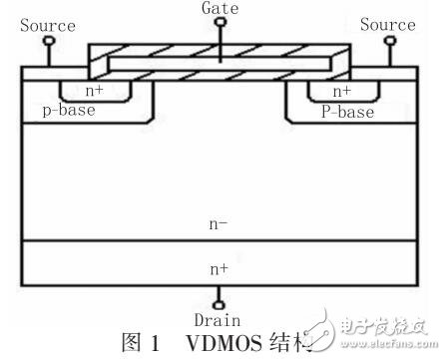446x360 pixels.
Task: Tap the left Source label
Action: click(47, 24)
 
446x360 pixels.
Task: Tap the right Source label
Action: click(387, 24)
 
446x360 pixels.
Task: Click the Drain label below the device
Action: click(220, 321)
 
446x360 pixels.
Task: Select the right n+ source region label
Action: click(341, 91)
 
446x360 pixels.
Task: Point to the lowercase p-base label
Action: click(67, 112)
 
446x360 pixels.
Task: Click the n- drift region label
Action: click(220, 225)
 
